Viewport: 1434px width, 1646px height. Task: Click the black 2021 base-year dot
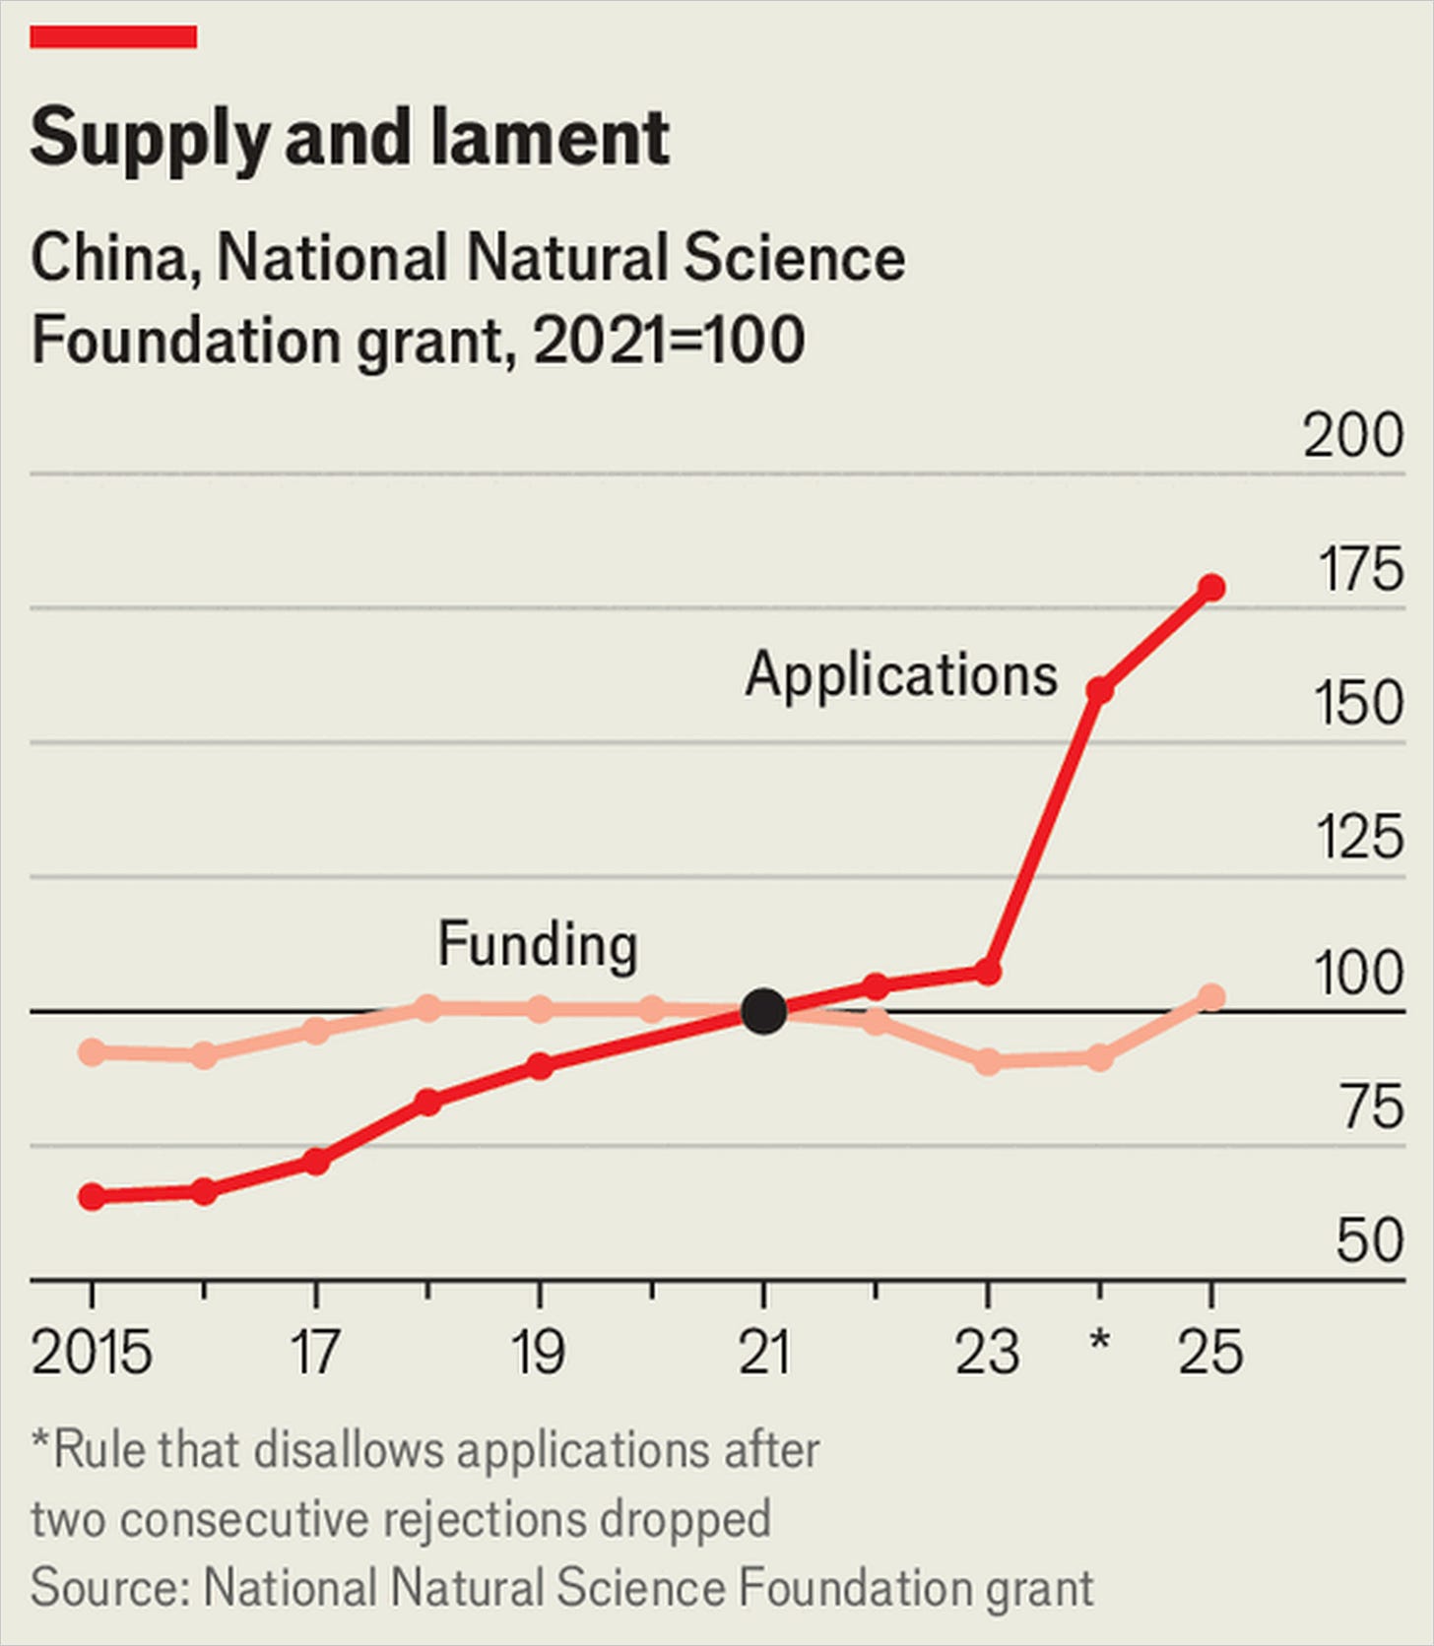[763, 1011]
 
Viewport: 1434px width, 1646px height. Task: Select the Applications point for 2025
[1211, 588]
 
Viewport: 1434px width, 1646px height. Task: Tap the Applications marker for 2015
[93, 1197]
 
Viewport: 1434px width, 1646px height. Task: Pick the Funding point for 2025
[1211, 997]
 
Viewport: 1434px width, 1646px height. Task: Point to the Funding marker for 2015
[93, 1052]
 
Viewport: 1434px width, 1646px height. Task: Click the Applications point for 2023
[988, 973]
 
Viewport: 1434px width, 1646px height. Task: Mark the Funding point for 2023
[988, 1062]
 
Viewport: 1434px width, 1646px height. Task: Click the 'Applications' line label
[901, 676]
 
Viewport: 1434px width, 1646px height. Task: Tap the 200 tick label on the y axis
[1353, 434]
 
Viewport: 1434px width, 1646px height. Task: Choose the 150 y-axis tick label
[1359, 704]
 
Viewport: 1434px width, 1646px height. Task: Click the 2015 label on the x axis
[92, 1352]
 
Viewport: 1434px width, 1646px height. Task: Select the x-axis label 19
[539, 1352]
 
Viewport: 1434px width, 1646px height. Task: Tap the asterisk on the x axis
[1100, 1340]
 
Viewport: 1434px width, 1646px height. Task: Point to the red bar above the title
[113, 37]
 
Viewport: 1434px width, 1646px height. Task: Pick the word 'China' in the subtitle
[109, 258]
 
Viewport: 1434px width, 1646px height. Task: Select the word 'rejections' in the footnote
[483, 1520]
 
